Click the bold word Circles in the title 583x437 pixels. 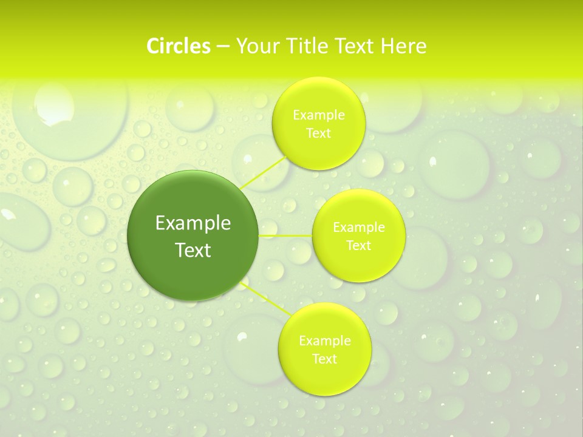(179, 46)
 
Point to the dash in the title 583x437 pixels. (223, 47)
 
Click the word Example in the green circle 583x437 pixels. (193, 223)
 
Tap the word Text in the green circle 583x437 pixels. (193, 250)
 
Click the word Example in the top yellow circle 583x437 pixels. (319, 115)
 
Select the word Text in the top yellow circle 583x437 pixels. (318, 134)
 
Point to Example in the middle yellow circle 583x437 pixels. (359, 228)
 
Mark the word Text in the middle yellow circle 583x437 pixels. (358, 246)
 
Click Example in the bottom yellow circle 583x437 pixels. (325, 340)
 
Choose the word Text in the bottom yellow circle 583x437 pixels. (324, 359)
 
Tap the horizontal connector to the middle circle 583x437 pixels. (285, 235)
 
